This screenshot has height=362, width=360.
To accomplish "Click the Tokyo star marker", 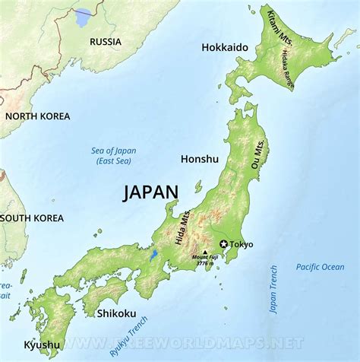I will click(223, 244).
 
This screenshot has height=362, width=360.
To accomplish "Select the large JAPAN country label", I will click(150, 193).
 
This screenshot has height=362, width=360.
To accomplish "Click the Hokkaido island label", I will click(225, 47).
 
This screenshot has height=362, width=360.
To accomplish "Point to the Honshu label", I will click(200, 159).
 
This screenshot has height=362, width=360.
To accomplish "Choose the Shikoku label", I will click(116, 313).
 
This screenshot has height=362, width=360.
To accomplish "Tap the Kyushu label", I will click(41, 345).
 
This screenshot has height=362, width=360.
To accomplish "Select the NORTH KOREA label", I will click(37, 116).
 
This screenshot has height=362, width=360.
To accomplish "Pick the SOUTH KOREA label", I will click(32, 218).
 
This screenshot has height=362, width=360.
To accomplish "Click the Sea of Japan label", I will click(112, 156).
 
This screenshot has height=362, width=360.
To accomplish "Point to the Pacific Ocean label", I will click(320, 267).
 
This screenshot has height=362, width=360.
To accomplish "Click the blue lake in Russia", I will click(83, 17).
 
